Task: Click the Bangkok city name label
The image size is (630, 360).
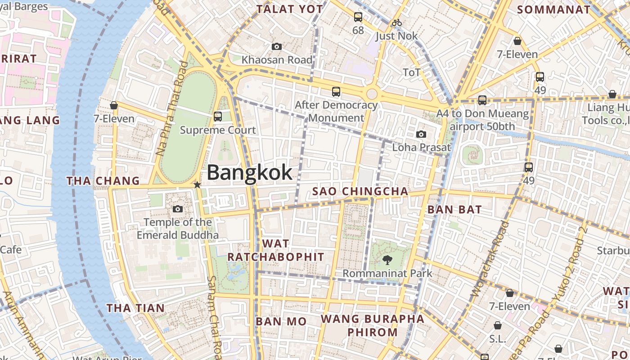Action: coord(250,173)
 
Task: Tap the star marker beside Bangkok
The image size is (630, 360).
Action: coord(197,184)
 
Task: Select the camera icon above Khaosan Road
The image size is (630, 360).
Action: coord(277,46)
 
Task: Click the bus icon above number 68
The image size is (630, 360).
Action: coord(358,17)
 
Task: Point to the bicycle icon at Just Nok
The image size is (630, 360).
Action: coord(396,22)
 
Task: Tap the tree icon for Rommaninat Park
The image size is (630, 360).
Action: coord(387,260)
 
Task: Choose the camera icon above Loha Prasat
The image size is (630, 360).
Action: coord(421,134)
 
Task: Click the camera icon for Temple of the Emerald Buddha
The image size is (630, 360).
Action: coord(178,209)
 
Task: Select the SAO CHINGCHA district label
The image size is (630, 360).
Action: coord(360,191)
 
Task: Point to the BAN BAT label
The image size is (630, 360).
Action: coord(454,209)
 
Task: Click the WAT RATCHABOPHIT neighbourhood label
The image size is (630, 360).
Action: coord(275,250)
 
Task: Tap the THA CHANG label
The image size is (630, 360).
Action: coord(103,181)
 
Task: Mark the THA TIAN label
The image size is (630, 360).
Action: coord(135,308)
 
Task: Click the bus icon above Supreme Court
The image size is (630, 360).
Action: coord(218,117)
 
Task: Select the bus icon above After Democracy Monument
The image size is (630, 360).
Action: coord(336,92)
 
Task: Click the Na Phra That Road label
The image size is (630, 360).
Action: coord(171,108)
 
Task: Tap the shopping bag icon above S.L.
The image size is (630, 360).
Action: coord(498,325)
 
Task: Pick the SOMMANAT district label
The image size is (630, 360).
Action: coord(553,9)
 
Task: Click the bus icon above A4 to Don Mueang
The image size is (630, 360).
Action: coord(482,100)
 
